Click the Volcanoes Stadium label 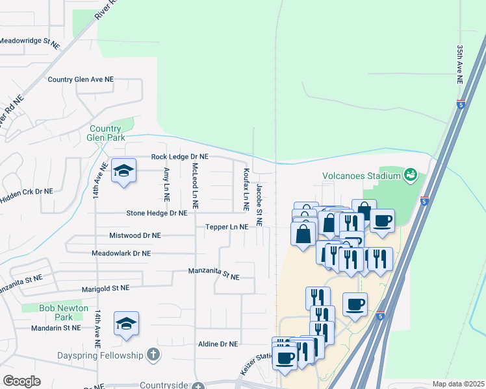tap(361, 175)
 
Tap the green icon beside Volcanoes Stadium tap(410, 174)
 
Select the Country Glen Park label tap(105, 133)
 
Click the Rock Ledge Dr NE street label tap(180, 157)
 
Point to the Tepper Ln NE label tap(227, 227)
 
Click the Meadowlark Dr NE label tap(122, 253)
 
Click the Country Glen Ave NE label tap(81, 79)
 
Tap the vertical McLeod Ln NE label tap(194, 180)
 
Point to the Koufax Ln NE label tap(246, 189)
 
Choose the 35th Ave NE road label tap(459, 64)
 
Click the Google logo tap(21, 381)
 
